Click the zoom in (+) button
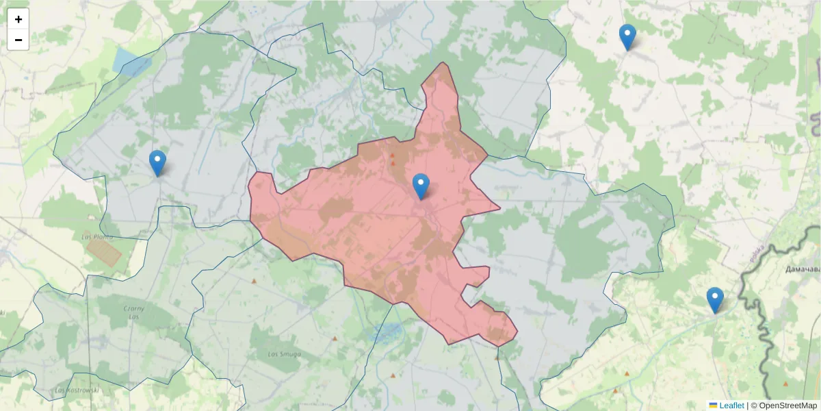[18, 19]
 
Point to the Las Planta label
[96, 236]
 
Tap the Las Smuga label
[283, 354]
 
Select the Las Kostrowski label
[77, 390]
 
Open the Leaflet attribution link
[731, 406]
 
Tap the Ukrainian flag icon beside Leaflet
[713, 406]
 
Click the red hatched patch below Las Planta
[104, 253]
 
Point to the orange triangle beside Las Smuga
[334, 338]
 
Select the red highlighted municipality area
[383, 226]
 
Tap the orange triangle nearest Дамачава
[785, 384]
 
